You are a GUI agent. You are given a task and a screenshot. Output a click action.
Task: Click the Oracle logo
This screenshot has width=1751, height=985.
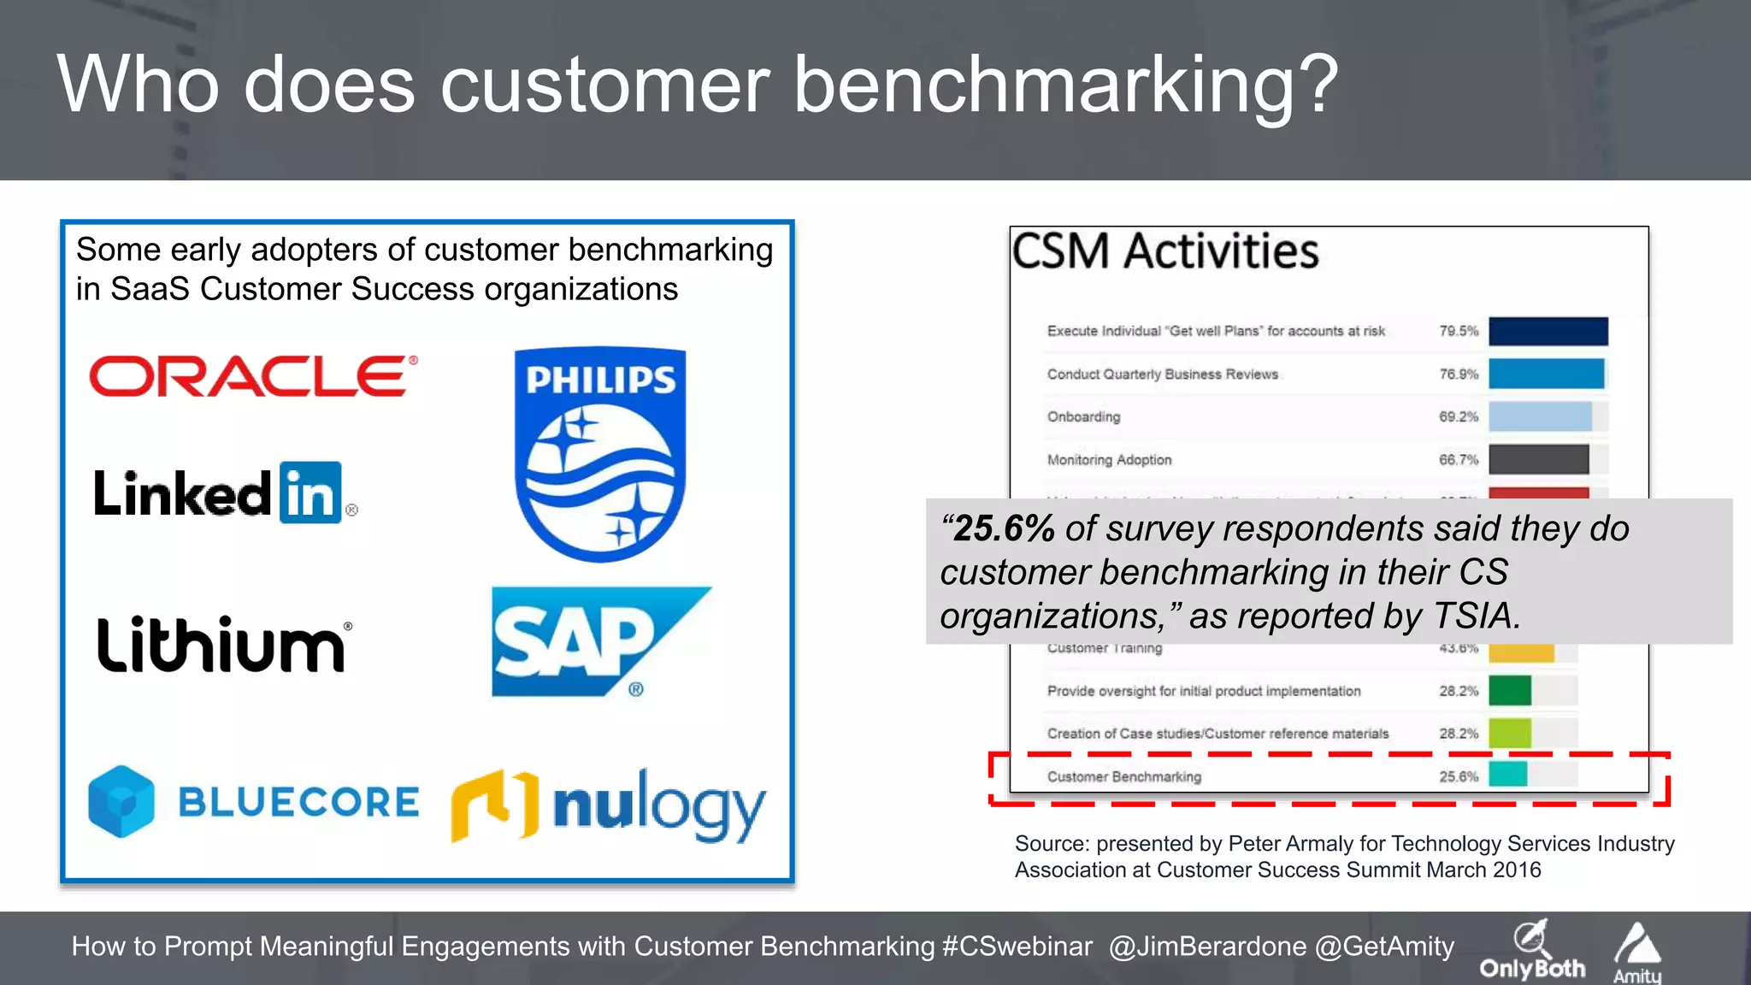[x=253, y=376]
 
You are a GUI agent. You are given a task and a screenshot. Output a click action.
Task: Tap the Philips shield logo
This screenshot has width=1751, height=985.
[x=600, y=453]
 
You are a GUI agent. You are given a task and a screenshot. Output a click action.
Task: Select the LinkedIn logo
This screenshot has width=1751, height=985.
[x=224, y=493]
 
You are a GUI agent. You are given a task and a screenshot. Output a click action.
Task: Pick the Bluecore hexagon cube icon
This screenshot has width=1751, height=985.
[x=121, y=801]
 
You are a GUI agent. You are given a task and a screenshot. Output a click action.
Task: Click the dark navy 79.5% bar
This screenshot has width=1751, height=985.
[x=1548, y=331]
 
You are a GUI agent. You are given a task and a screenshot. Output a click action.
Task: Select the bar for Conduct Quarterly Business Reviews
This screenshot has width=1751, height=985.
[x=1546, y=374]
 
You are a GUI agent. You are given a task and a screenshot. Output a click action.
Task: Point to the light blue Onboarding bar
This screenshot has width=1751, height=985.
[x=1540, y=416]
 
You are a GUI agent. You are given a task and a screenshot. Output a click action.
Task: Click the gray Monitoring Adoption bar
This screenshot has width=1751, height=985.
[x=1538, y=459]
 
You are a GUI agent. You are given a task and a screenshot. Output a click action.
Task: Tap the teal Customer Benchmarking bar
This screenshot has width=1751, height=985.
[x=1507, y=775]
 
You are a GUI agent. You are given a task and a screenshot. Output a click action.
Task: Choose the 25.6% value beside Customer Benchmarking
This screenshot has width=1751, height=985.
[x=1458, y=776]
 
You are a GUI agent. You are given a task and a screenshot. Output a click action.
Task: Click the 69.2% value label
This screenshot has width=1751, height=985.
[x=1458, y=416]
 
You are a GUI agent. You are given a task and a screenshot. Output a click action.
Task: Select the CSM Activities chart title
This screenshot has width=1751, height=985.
[x=1164, y=251]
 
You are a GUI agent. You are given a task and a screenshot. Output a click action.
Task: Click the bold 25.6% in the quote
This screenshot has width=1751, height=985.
[x=1003, y=528]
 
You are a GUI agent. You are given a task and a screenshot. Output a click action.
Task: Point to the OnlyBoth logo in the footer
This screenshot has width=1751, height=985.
[x=1532, y=951]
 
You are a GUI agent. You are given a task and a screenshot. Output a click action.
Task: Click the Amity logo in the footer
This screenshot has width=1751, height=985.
[x=1637, y=953]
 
